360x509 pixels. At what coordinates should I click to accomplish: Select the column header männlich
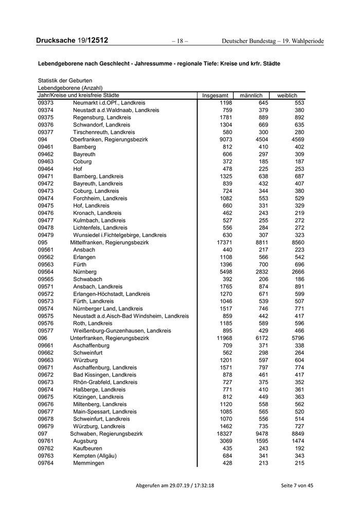coord(251,96)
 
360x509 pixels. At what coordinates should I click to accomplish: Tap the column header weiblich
coord(287,96)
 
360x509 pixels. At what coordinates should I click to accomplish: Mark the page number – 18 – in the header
coord(180,41)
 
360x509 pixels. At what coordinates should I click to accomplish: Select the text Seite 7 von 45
coord(297,485)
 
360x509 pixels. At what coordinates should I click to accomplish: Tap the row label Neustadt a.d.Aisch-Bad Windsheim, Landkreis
coord(131,316)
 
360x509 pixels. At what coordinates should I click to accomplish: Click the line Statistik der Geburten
coord(65,81)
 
